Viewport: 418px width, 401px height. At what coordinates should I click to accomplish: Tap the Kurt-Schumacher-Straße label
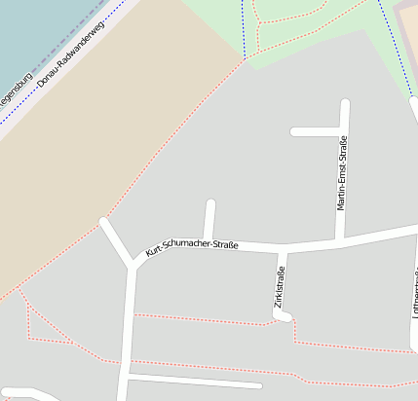(x=192, y=244)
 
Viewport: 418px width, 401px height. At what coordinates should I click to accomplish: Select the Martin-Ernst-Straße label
(x=342, y=173)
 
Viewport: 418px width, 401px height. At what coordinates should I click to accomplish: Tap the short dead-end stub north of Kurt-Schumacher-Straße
(x=209, y=218)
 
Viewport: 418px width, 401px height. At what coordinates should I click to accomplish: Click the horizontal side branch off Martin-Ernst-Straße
(x=314, y=131)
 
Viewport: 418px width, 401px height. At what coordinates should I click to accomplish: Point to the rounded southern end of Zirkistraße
(x=283, y=317)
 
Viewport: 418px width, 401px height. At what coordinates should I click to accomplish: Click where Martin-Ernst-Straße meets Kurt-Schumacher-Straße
(x=340, y=240)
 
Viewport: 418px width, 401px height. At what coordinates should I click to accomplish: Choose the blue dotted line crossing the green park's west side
(x=243, y=24)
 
